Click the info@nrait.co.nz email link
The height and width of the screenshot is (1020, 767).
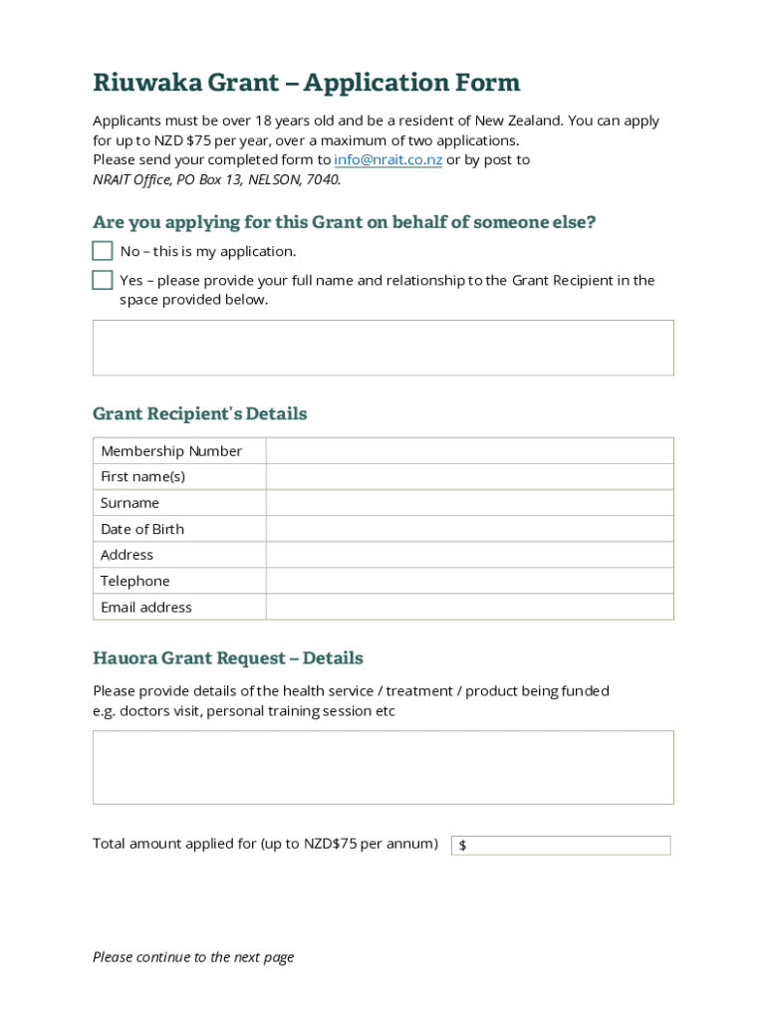point(387,160)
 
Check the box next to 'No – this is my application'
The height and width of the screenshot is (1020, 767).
point(103,251)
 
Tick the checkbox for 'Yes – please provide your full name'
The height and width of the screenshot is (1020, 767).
point(103,280)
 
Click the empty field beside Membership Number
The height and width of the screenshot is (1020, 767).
point(469,451)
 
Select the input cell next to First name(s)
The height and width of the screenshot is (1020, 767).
point(469,477)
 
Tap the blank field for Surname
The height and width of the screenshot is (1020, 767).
point(469,503)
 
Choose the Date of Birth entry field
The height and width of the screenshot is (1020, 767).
point(469,529)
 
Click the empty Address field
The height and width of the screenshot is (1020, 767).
point(469,555)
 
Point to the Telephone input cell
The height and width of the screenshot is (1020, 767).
point(469,581)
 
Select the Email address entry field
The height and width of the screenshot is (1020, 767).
point(469,607)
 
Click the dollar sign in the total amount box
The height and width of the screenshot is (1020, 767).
point(463,846)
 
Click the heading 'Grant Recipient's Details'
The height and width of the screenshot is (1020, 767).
point(199,413)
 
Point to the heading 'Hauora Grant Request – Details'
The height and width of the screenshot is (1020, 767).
point(227,658)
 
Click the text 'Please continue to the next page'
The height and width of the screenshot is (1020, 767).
point(193,957)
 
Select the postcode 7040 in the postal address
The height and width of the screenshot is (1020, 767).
point(322,180)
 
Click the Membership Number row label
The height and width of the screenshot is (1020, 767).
point(171,451)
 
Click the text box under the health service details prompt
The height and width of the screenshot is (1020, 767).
point(383,767)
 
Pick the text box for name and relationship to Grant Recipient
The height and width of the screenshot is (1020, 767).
point(383,348)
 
